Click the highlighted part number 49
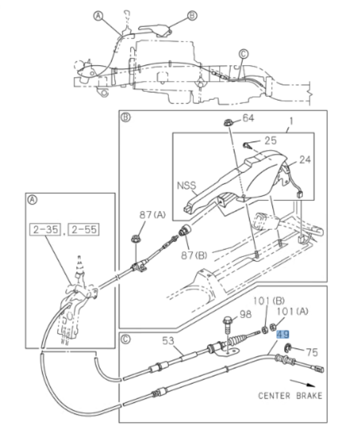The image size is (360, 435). click(283, 335)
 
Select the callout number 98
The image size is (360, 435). click(245, 314)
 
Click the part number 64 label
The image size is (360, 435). click(248, 118)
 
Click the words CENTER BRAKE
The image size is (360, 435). click(290, 396)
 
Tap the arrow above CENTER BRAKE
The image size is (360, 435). click(301, 382)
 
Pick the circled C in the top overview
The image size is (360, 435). click(243, 53)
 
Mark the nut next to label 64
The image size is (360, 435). click(228, 122)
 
